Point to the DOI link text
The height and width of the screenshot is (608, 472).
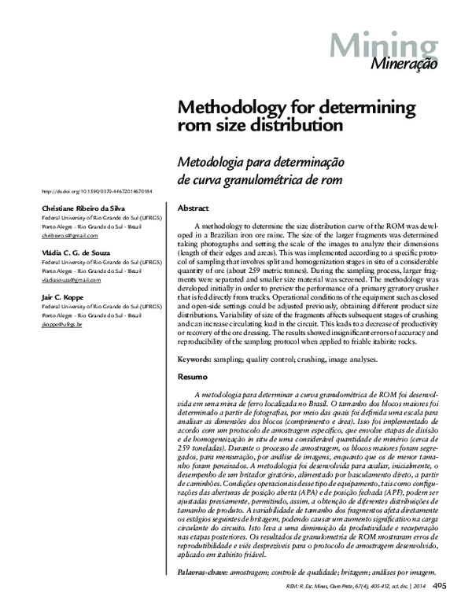[95, 191]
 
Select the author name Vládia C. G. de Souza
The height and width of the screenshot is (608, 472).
[76, 252]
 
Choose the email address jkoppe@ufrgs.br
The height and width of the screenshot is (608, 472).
[61, 324]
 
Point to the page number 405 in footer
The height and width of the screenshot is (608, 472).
[441, 585]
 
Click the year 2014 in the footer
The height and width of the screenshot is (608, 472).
[418, 587]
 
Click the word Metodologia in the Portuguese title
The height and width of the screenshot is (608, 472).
[210, 161]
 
